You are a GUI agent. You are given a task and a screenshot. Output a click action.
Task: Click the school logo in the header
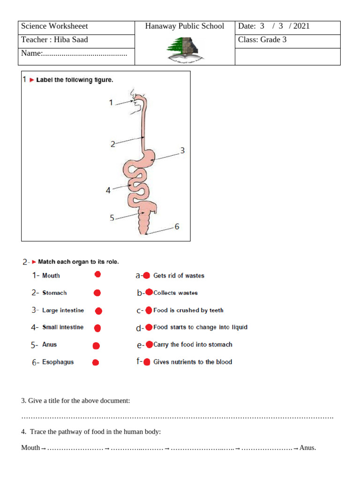(x=184, y=49)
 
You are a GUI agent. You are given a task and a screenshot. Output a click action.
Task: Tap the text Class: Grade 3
(x=262, y=40)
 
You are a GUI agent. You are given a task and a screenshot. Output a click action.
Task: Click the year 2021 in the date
(x=301, y=26)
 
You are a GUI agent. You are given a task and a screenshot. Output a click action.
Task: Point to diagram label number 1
(x=111, y=102)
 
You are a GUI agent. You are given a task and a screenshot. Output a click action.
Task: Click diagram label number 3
(x=182, y=150)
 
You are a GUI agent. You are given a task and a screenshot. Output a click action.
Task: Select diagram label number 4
(x=108, y=190)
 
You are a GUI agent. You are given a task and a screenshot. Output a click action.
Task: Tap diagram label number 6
(x=177, y=227)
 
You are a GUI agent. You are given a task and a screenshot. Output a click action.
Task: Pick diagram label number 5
(x=112, y=217)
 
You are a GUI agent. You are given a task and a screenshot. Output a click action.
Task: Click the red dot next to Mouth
(x=97, y=274)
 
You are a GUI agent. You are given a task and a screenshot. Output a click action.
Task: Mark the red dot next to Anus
(x=96, y=346)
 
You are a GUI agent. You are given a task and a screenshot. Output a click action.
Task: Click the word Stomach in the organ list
(x=54, y=293)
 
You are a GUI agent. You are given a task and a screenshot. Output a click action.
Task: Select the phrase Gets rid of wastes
(x=179, y=276)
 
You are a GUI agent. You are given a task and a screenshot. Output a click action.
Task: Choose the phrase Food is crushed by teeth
(x=188, y=310)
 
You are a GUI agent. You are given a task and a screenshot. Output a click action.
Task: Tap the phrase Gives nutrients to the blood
(x=192, y=362)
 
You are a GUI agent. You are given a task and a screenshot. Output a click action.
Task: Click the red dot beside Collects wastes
(x=149, y=292)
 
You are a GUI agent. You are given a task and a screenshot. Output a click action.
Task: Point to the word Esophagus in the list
(x=58, y=362)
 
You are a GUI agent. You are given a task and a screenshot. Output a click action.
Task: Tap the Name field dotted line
(x=85, y=54)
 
